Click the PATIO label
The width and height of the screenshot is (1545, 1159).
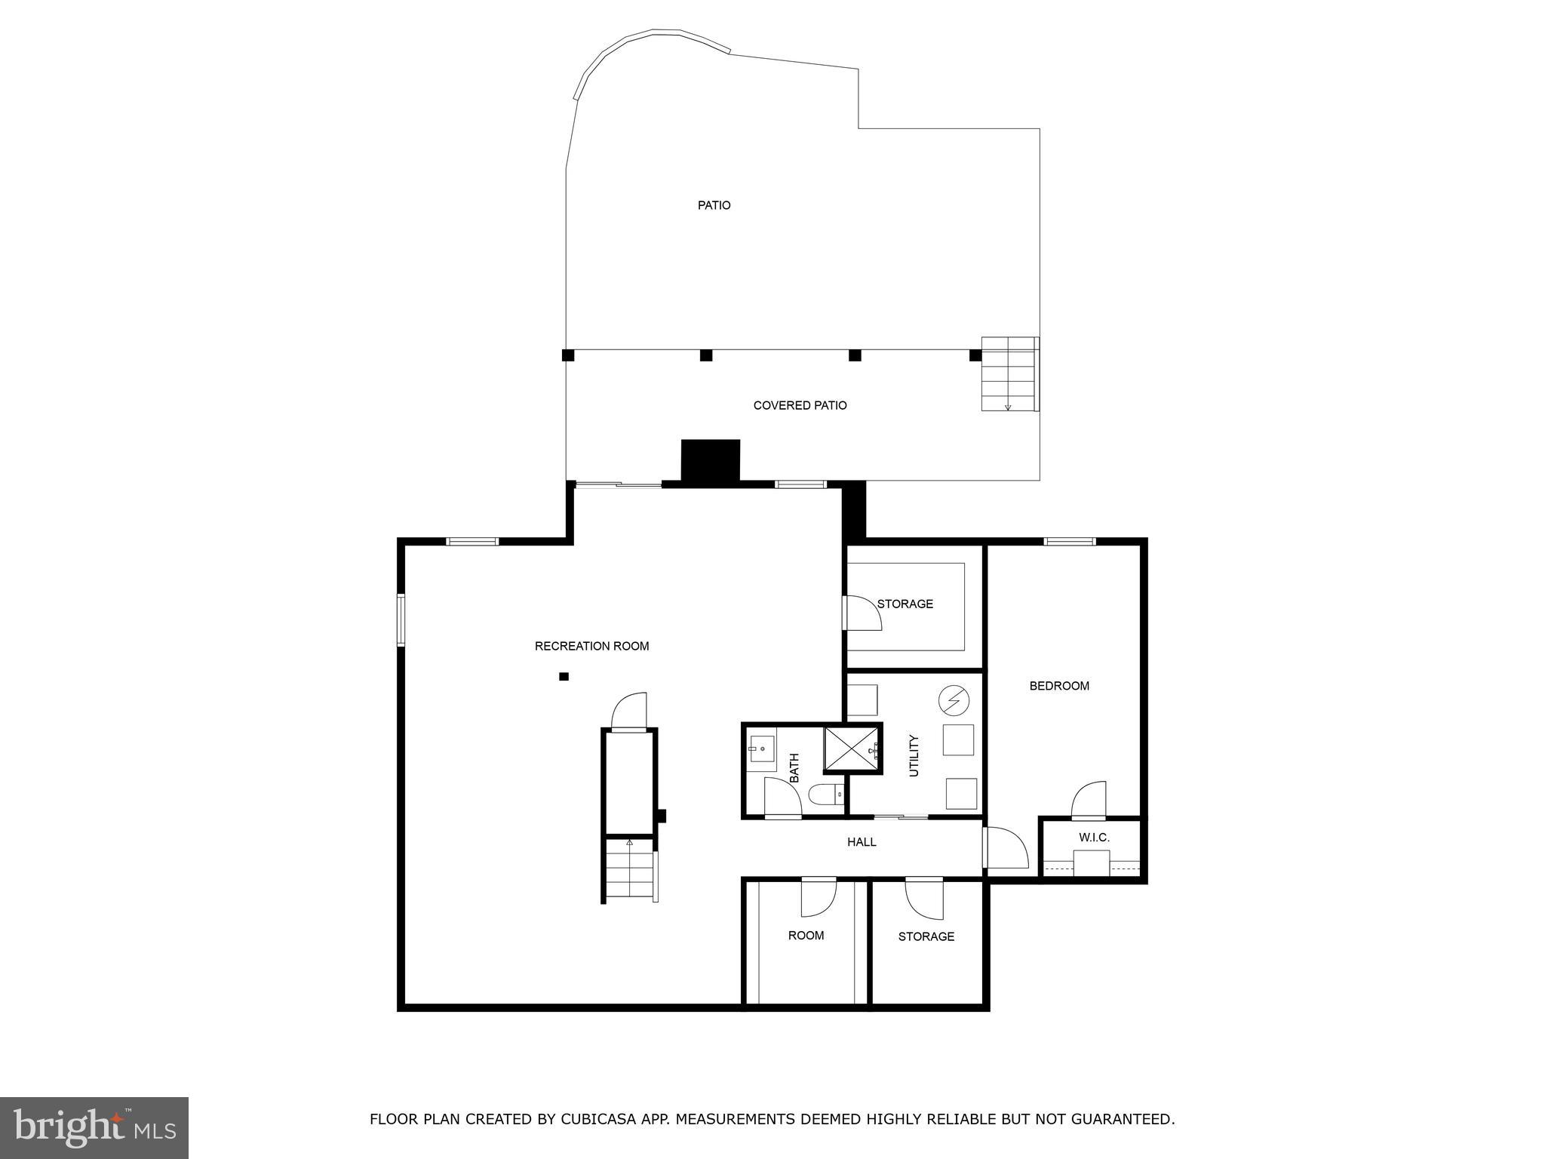pos(714,205)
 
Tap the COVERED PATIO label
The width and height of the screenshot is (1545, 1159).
pos(800,405)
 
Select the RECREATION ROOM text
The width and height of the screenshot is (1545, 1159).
pos(591,646)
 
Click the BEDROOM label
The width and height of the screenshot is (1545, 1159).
pos(1059,686)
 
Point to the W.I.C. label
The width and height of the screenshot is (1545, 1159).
pos(1094,838)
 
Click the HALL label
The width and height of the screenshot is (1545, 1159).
pos(862,842)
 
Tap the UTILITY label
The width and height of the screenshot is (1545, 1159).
pos(914,755)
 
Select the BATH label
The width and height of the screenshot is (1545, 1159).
pos(794,767)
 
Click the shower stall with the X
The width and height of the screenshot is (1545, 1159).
pos(852,749)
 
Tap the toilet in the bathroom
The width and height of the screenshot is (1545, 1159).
pos(825,795)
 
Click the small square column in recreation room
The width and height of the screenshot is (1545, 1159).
pos(564,677)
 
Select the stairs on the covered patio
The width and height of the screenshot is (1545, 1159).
pos(1008,374)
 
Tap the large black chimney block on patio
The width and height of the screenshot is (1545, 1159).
pos(710,460)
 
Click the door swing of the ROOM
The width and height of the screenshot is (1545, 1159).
pos(819,896)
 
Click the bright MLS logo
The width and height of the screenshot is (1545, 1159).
pos(94,1127)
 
